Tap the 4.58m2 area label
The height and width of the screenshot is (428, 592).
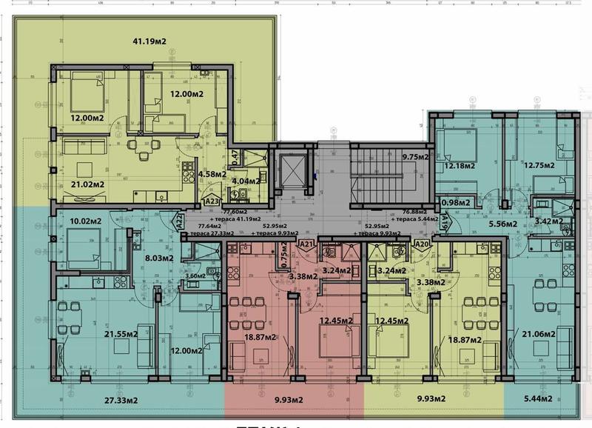215,175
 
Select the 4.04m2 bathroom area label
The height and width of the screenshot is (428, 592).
247,181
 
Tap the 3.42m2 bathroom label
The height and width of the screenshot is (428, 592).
548,221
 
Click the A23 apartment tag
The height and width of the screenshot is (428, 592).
212,200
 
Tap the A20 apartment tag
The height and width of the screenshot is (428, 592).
423,244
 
